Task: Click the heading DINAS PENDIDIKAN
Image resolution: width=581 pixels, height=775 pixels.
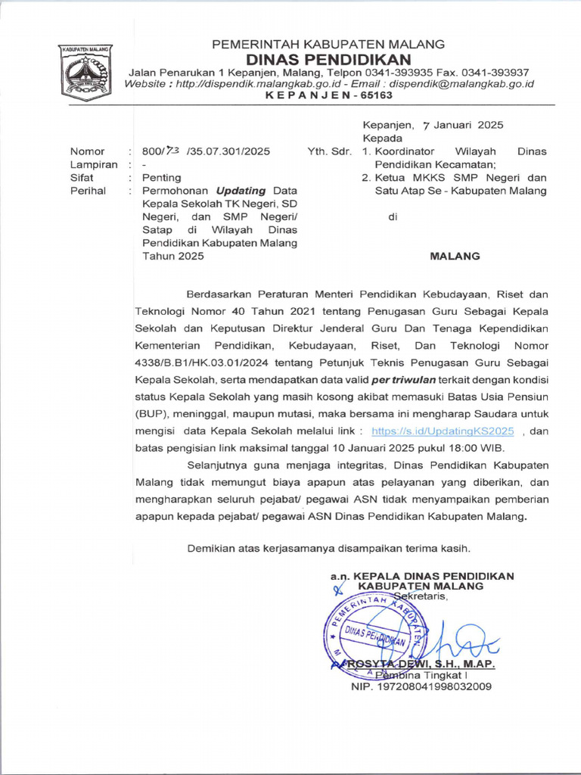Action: (x=328, y=59)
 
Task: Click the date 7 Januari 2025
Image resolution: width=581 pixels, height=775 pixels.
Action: (x=463, y=125)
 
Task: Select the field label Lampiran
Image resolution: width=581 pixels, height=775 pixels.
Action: (x=94, y=164)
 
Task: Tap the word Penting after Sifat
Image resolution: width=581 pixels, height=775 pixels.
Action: (x=161, y=178)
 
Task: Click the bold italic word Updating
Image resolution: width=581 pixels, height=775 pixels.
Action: (x=242, y=191)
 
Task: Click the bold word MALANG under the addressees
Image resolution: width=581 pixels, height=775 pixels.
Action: (x=455, y=256)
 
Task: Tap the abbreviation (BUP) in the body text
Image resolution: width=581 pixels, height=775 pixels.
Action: (x=152, y=413)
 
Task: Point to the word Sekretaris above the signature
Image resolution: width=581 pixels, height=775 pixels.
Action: (x=421, y=596)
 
